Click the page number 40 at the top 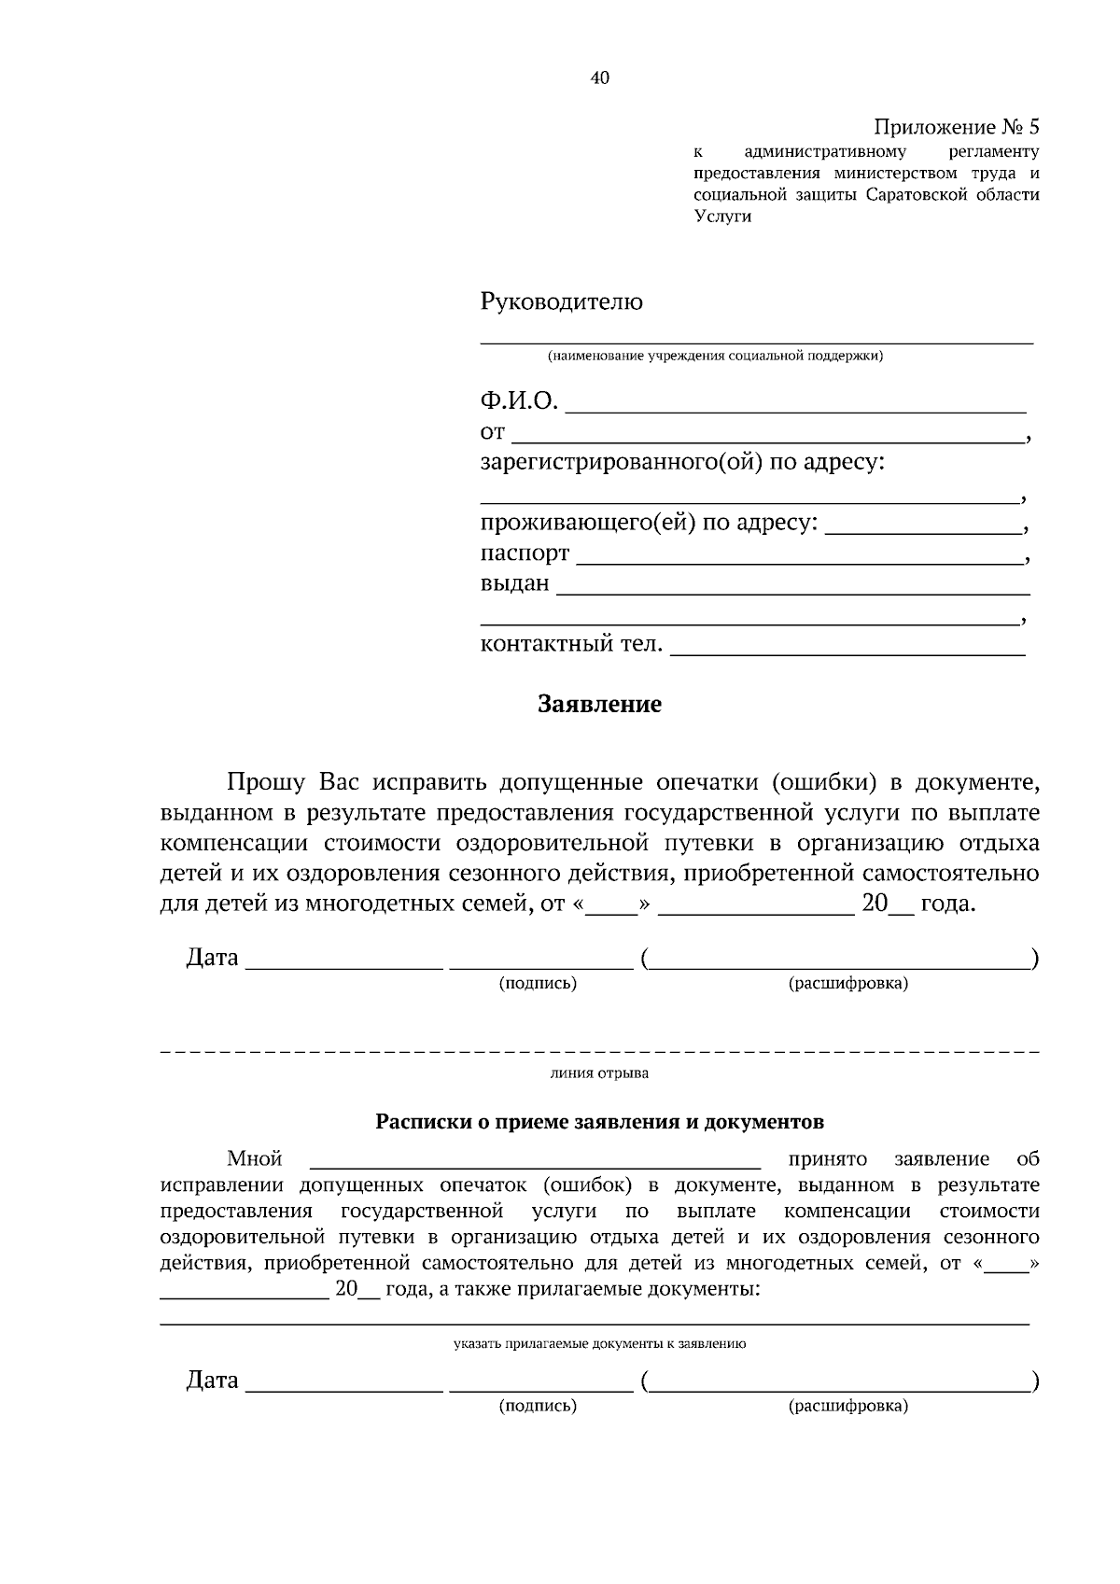click(600, 78)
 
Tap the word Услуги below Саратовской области click(722, 217)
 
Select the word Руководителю click(561, 302)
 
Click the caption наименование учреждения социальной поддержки click(715, 356)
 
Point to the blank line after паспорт click(799, 562)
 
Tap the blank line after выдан click(792, 592)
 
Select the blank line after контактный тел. click(847, 654)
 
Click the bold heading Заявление click(599, 705)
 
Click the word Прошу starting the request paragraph click(268, 782)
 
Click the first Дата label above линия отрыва click(212, 958)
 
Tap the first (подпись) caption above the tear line click(538, 984)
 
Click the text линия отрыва click(599, 1073)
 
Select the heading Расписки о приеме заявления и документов click(599, 1122)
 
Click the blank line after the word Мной click(535, 1165)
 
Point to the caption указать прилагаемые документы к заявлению click(599, 1345)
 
